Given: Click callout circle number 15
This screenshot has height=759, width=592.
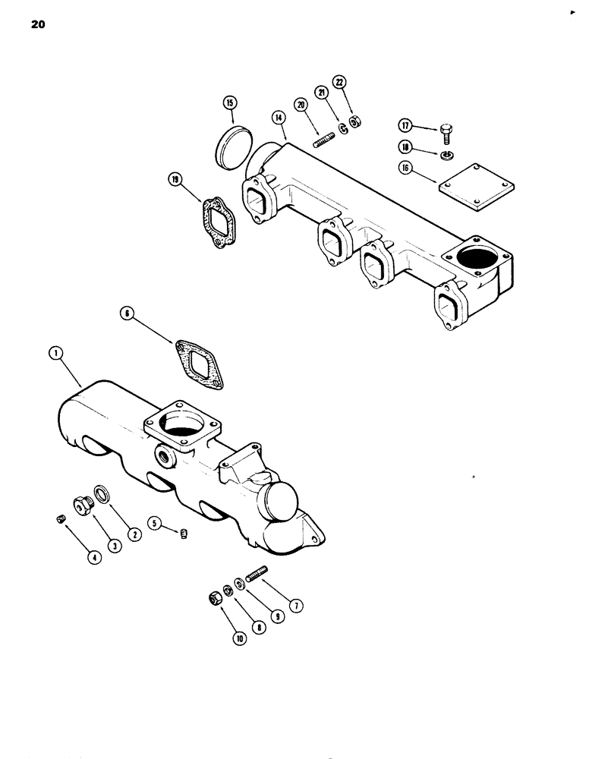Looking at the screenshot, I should click(230, 103).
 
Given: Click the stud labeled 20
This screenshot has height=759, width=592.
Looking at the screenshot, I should click(324, 140).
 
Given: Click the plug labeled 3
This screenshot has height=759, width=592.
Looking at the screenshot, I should click(81, 502).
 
